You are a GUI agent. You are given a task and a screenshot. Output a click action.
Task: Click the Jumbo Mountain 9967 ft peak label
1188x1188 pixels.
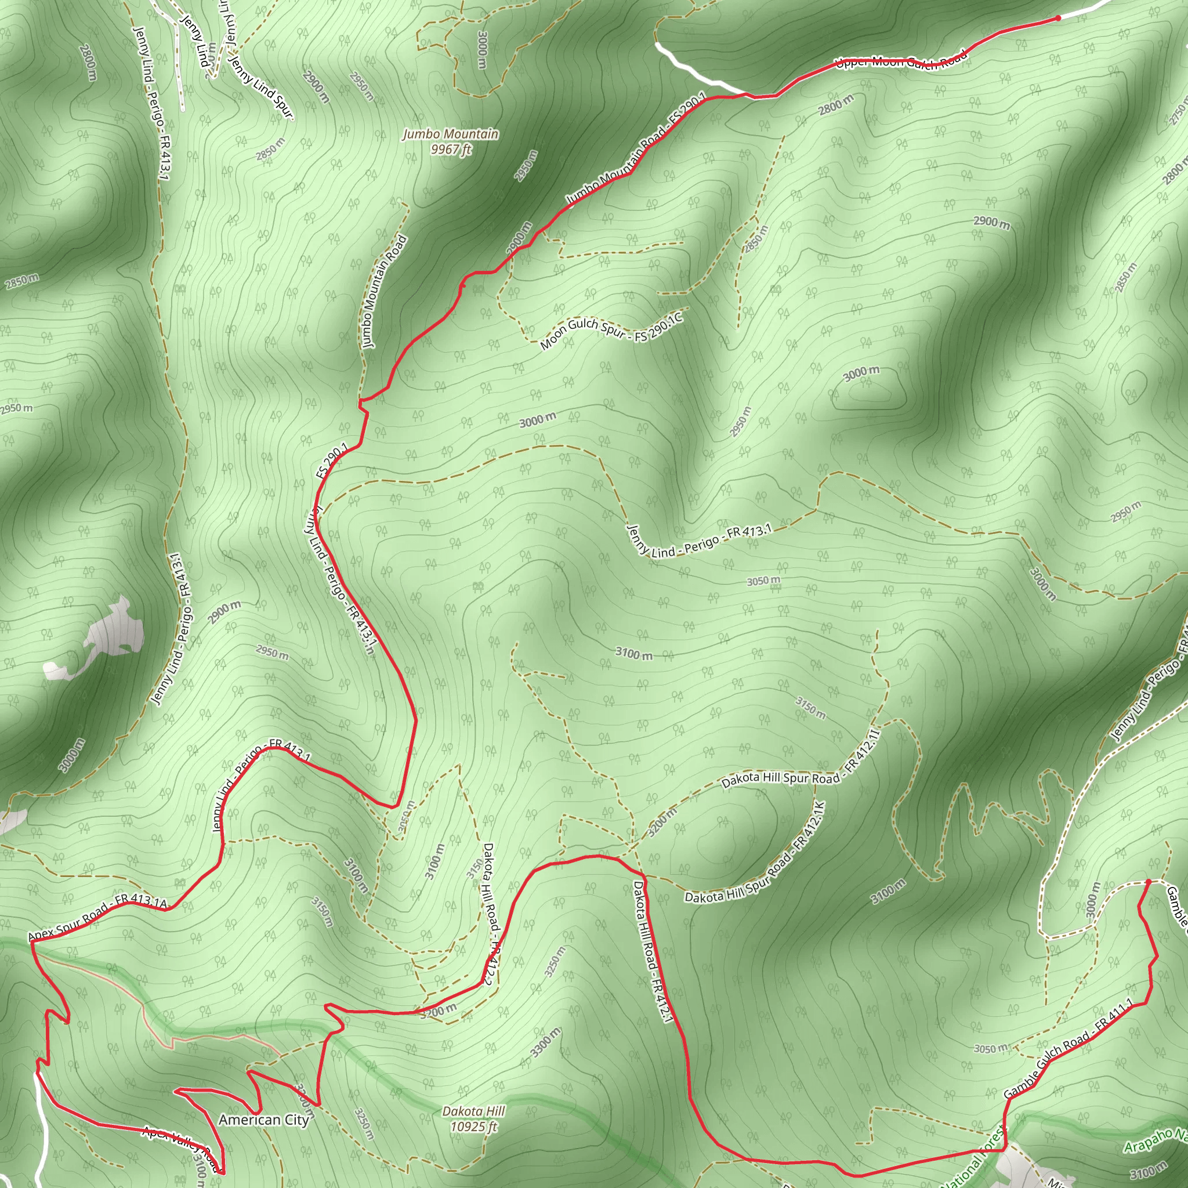pos(451,142)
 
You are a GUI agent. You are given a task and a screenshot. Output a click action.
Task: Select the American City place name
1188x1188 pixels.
pos(263,1120)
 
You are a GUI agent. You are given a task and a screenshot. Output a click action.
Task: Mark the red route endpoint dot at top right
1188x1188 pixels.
pos(1057,19)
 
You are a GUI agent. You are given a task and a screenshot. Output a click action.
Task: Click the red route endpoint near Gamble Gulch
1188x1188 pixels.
pos(1147,882)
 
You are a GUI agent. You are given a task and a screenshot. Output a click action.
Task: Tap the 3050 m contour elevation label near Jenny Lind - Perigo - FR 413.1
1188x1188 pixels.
pos(763,580)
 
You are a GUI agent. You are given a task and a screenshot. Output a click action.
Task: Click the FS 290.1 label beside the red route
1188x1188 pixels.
pos(332,460)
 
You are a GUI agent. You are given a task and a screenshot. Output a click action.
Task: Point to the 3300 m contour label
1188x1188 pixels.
pos(545,1042)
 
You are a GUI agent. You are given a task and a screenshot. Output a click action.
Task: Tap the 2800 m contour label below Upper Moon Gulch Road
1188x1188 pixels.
pos(835,105)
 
